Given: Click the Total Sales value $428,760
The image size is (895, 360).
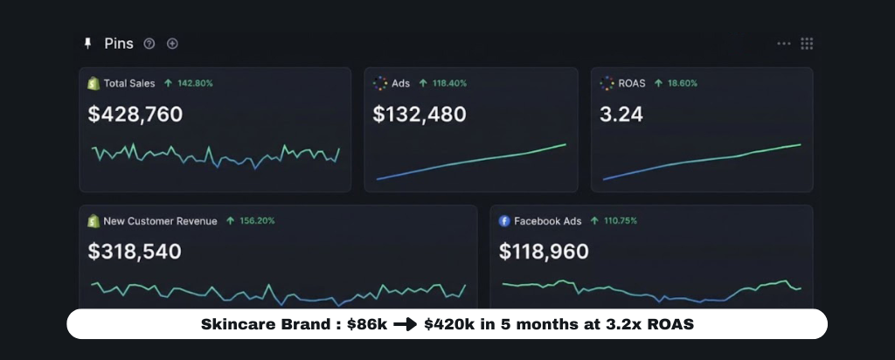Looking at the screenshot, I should point(135,114).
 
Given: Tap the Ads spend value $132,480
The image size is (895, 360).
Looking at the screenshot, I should point(420,114).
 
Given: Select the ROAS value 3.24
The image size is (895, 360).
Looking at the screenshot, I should point(622,114).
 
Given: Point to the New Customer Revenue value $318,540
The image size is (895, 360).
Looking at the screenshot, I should point(135,252).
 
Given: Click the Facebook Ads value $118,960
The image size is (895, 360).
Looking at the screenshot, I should point(544,252).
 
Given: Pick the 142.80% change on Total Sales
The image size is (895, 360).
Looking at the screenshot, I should point(194,84).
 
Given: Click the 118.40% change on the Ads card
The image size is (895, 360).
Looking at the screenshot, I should point(448,84).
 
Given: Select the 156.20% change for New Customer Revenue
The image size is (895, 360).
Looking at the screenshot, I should point(256,221).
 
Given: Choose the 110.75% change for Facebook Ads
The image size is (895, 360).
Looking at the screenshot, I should point(620,221).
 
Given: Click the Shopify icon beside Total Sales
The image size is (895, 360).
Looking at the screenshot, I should point(94,84).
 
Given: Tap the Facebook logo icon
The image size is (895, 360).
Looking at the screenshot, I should point(504,221).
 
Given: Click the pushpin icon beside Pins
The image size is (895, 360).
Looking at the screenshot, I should point(87,44).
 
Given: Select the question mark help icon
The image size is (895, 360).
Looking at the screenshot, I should point(149,44).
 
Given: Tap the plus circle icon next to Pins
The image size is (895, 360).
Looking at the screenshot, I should point(172,44).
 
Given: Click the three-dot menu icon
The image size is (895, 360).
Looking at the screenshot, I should point(784,44).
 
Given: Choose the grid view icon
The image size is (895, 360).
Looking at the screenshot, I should point(807,44).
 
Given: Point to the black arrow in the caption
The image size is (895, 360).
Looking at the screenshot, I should point(405,324).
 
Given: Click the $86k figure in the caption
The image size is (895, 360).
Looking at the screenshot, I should point(366,324).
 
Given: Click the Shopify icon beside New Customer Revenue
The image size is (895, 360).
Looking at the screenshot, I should point(94,221).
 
